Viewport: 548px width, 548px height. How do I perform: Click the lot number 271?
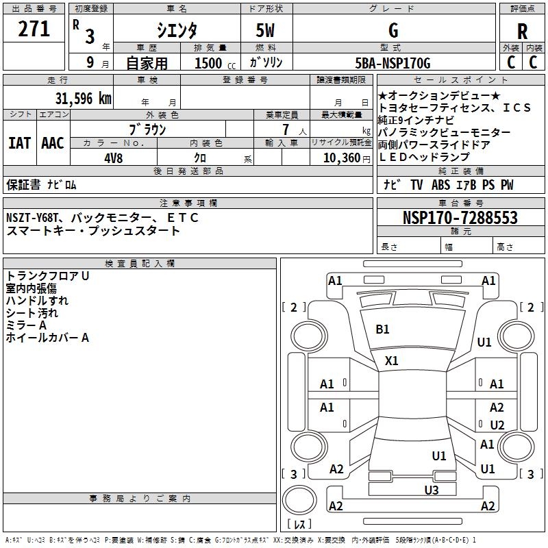click(x=34, y=29)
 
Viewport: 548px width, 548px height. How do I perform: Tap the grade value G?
click(x=393, y=31)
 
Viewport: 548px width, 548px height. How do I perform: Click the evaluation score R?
click(x=522, y=32)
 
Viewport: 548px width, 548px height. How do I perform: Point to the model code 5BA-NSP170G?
click(x=393, y=64)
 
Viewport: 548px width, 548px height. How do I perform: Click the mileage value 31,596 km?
click(x=83, y=99)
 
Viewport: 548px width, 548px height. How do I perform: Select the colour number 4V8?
click(x=113, y=158)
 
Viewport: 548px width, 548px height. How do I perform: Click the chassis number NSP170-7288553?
click(x=460, y=219)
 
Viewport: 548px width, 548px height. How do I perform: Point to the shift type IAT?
click(x=19, y=143)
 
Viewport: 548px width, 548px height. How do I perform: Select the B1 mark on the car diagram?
click(x=382, y=329)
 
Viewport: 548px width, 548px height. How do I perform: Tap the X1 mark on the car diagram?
click(x=392, y=360)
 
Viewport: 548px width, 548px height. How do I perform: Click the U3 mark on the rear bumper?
click(x=431, y=490)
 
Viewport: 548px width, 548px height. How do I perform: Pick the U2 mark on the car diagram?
click(x=497, y=425)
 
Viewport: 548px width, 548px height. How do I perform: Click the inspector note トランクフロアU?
click(x=48, y=276)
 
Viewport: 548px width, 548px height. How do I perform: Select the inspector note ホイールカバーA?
click(x=47, y=338)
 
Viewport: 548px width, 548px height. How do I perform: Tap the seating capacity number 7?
click(x=284, y=129)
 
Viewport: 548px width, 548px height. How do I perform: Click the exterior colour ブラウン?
click(x=147, y=129)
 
